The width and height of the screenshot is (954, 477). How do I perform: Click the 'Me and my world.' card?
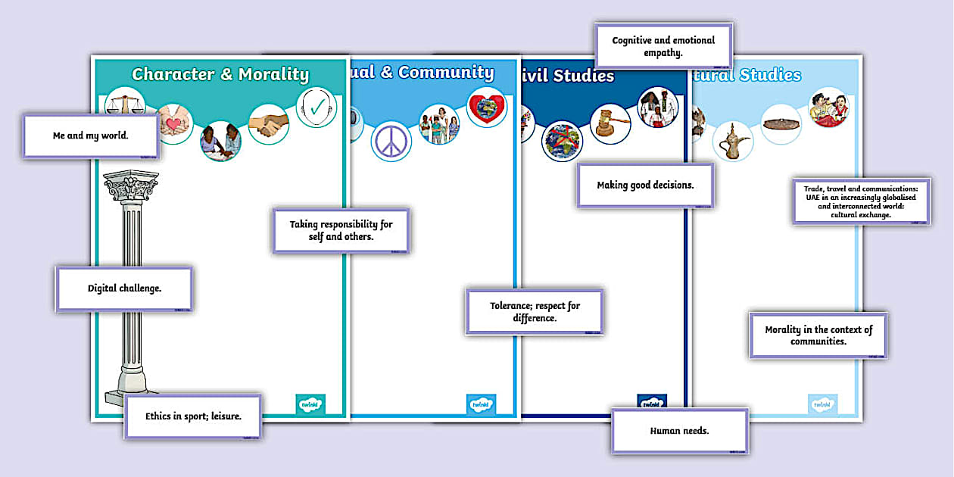(x=91, y=136)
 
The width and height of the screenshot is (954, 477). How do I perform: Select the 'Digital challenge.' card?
(x=124, y=288)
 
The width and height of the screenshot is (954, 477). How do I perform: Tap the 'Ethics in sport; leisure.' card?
(x=193, y=416)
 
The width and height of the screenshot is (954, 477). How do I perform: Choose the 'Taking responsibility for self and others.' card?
(x=341, y=230)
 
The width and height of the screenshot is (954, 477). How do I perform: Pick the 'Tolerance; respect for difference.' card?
(x=535, y=311)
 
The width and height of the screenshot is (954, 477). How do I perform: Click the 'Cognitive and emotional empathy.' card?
(x=663, y=46)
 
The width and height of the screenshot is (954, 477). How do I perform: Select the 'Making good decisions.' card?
(x=645, y=185)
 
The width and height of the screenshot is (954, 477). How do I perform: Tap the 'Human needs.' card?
(x=679, y=431)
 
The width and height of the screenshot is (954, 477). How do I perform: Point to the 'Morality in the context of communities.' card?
(x=818, y=335)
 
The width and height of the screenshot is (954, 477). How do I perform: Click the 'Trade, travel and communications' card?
(x=862, y=201)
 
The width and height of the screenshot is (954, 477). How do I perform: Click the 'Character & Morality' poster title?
(x=220, y=74)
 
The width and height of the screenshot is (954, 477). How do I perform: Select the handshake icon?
(x=268, y=123)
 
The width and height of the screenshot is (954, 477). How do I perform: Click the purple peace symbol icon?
(x=391, y=141)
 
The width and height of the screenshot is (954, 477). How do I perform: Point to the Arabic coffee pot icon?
(x=732, y=141)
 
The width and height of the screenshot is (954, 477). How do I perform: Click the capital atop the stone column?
(x=131, y=185)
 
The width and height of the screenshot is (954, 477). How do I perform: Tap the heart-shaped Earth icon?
(x=485, y=107)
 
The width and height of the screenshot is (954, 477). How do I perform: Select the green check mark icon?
(x=315, y=107)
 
